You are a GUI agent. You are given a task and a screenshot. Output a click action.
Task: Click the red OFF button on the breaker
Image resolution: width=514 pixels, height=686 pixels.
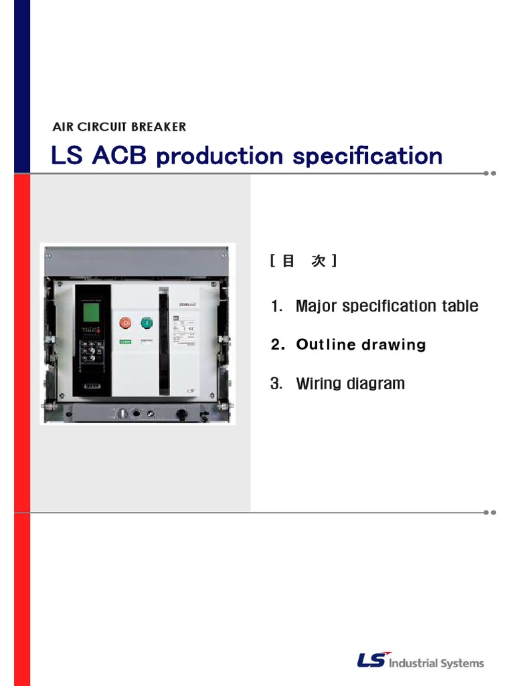click(124, 323)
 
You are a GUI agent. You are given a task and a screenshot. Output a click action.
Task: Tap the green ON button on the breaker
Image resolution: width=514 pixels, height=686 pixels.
click(147, 323)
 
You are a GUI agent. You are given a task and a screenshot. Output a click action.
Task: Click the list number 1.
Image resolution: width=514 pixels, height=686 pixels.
click(275, 306)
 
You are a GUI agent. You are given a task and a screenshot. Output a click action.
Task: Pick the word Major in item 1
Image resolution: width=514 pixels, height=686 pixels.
click(317, 306)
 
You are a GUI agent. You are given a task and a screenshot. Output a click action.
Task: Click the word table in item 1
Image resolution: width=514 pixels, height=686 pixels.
click(460, 306)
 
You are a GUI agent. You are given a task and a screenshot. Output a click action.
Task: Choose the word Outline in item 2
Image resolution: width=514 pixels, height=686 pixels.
click(326, 345)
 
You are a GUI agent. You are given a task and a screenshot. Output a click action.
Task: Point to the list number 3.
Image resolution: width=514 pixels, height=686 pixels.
click(275, 384)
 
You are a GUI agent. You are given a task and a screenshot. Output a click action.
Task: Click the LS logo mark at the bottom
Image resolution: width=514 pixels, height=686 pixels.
click(372, 661)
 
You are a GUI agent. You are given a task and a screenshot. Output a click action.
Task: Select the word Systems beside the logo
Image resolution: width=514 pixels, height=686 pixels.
click(462, 663)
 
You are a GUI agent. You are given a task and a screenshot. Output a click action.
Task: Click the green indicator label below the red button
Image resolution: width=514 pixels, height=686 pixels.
click(125, 342)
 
